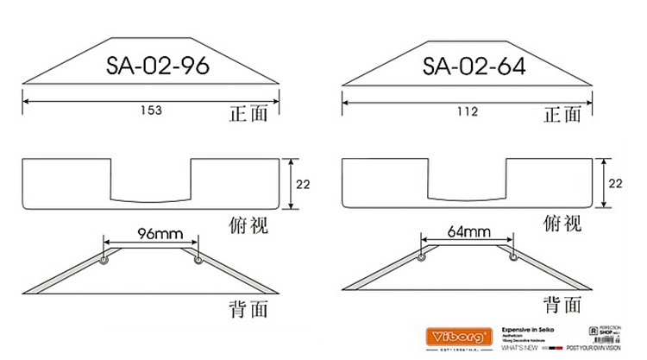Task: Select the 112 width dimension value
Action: click(468, 111)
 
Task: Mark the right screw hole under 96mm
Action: click(198, 259)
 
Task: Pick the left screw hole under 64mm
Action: click(422, 256)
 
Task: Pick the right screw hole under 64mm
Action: click(515, 256)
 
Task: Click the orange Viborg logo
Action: click(462, 334)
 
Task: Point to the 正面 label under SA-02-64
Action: click(563, 112)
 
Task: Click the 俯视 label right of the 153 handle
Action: click(249, 224)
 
